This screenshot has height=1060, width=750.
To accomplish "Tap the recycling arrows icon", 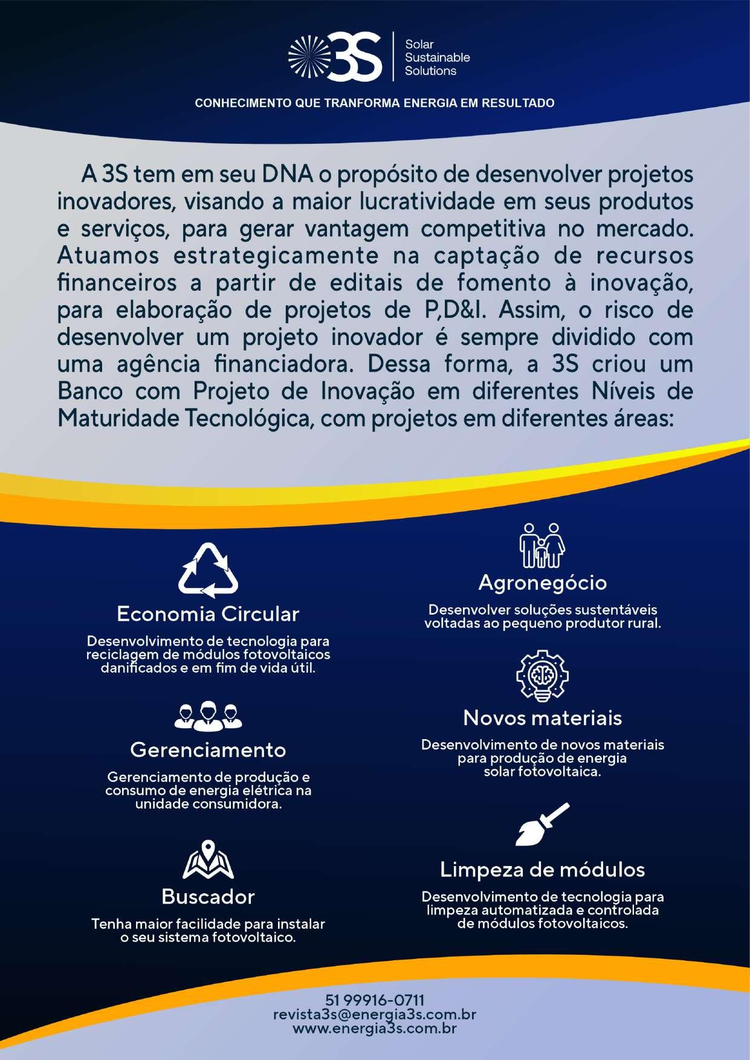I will (x=208, y=570).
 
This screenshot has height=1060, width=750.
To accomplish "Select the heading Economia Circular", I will (x=208, y=614).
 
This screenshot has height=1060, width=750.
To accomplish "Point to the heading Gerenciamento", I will (x=208, y=750).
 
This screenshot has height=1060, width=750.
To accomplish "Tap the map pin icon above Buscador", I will (x=208, y=859).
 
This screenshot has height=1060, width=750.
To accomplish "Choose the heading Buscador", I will (x=208, y=896).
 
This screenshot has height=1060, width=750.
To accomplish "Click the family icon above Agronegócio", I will (x=542, y=545).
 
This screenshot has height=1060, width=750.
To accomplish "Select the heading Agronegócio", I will (x=542, y=583).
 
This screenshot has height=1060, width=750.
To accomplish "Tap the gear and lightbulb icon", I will (x=542, y=676).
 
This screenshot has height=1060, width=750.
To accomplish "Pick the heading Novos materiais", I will (x=542, y=718).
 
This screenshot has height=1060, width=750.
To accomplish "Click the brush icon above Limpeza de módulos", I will (x=542, y=824).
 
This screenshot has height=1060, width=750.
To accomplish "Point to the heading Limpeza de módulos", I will (x=542, y=870).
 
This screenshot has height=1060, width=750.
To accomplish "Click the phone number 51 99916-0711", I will (x=375, y=1000).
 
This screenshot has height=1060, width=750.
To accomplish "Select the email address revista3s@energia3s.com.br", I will (x=375, y=1014).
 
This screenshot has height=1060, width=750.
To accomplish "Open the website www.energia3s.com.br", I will (x=375, y=1028).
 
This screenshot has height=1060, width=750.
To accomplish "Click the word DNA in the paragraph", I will (x=287, y=174).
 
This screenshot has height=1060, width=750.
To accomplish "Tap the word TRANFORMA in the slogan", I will (x=362, y=103).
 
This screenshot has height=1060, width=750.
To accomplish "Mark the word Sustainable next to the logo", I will (x=437, y=57).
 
